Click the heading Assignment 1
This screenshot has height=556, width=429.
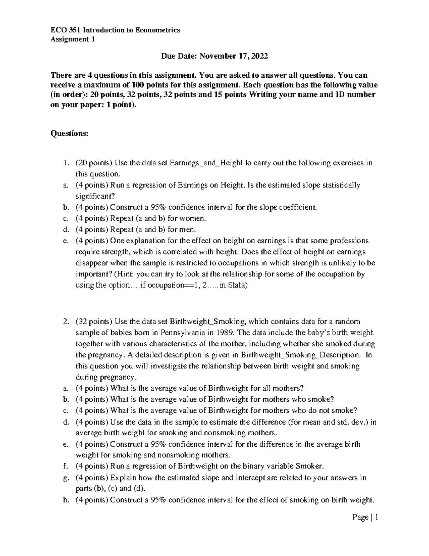73,39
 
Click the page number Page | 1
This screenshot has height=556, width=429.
365,517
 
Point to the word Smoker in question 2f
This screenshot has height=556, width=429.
309,466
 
